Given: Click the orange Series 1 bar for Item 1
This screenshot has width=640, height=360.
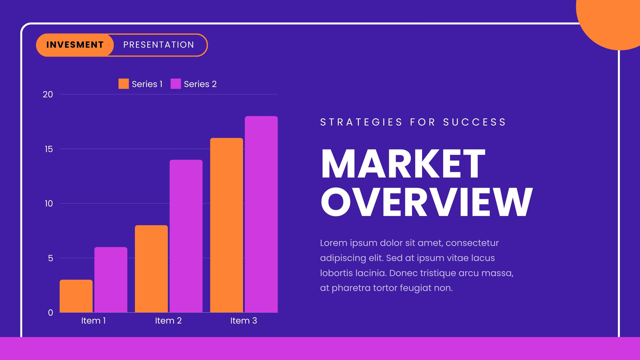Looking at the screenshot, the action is point(76,296).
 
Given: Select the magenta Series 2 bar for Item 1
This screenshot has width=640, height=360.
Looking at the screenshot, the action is point(111,280).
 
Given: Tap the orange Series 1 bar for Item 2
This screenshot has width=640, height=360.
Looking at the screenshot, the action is point(152,269).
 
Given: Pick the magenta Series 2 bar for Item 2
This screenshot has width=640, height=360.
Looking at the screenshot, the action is point(186,236).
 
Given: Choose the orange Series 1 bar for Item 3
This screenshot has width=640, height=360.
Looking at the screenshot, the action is point(226,226).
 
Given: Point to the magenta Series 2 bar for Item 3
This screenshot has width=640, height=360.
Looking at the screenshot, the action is point(261,214).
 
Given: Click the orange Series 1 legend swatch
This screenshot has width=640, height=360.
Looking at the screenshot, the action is point(124,84).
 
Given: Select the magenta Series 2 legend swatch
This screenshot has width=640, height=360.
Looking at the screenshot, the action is point(176,84).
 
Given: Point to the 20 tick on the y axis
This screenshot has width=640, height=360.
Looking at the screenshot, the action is point(48,94).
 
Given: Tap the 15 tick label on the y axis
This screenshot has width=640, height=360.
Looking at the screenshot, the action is point(48,149).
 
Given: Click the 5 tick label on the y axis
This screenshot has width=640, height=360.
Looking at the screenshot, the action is point(50,258).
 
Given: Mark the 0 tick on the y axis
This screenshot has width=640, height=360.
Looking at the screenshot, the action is point(50,313).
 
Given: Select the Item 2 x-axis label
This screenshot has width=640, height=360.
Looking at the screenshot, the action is point(168,320).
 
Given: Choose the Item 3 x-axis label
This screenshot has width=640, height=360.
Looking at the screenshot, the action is point(244,320).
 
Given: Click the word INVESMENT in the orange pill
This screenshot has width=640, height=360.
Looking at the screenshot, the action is point(75,45).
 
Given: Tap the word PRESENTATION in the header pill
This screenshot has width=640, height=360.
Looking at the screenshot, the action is point(158,45).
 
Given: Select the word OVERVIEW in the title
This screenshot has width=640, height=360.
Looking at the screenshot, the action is point(427,202).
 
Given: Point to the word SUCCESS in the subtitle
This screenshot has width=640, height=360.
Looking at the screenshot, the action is point(474,122).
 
